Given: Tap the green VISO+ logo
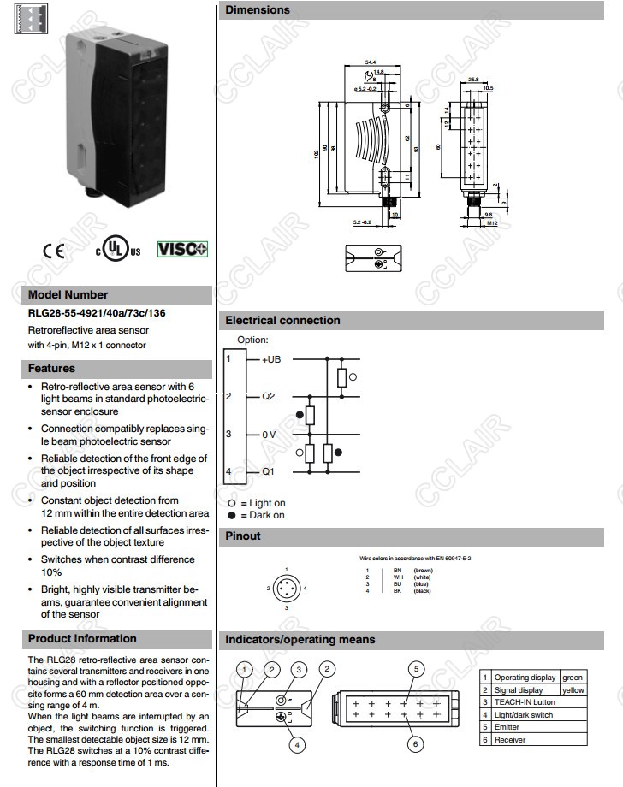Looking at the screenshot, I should [182, 249].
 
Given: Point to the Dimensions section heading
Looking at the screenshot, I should [258, 10].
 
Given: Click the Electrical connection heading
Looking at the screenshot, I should [282, 321].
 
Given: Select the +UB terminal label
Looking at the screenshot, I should [271, 359].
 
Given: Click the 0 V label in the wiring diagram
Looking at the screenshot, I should [270, 435].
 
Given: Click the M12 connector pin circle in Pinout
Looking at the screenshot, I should [286, 588].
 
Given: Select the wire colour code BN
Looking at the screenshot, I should [397, 571].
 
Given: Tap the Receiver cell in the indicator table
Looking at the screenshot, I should [510, 739].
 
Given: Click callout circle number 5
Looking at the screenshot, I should [415, 669].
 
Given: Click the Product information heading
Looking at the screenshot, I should [82, 639].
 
